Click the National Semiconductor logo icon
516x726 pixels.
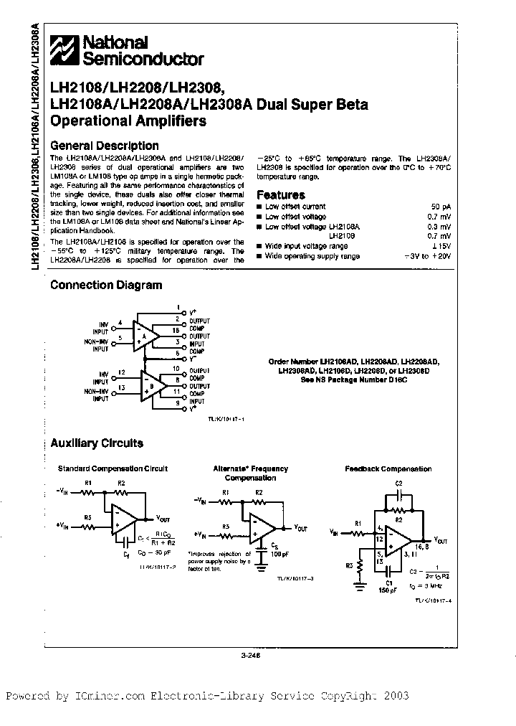click(64, 50)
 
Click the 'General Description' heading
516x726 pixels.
click(105, 146)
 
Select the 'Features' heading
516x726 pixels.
click(280, 194)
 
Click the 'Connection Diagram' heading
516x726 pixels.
click(106, 285)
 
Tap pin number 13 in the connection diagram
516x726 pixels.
click(122, 388)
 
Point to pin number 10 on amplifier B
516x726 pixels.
click(176, 368)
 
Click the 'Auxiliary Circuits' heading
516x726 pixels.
click(97, 443)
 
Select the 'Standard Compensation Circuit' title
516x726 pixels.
click(113, 468)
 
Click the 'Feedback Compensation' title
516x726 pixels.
click(388, 469)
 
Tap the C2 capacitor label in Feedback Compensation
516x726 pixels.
click(399, 483)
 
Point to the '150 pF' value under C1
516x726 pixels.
click(387, 580)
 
